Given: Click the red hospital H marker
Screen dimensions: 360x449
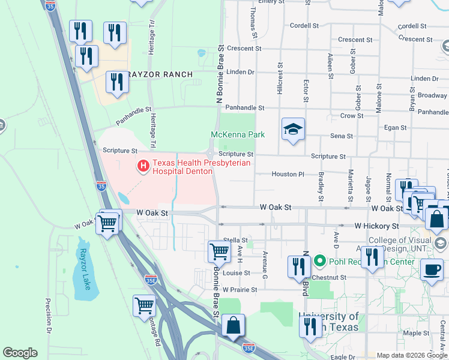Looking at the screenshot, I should [x=143, y=166].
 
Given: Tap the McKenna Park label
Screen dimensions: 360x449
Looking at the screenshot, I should [x=238, y=135].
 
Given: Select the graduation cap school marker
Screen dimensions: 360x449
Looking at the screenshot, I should [x=293, y=130].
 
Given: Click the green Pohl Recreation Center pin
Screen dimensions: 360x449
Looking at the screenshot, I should [x=319, y=262].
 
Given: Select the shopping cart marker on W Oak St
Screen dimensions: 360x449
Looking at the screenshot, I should [x=107, y=224].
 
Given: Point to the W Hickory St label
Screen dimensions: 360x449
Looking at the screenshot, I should [x=376, y=226].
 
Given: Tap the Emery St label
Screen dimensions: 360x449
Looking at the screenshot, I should [x=271, y=2].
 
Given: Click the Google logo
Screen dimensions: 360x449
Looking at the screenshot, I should [x=20, y=353].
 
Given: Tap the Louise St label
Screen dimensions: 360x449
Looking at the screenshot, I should [x=236, y=273].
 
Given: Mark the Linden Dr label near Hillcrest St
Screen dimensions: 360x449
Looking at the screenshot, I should [x=241, y=72].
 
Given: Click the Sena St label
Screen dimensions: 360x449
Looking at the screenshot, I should [x=342, y=136].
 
